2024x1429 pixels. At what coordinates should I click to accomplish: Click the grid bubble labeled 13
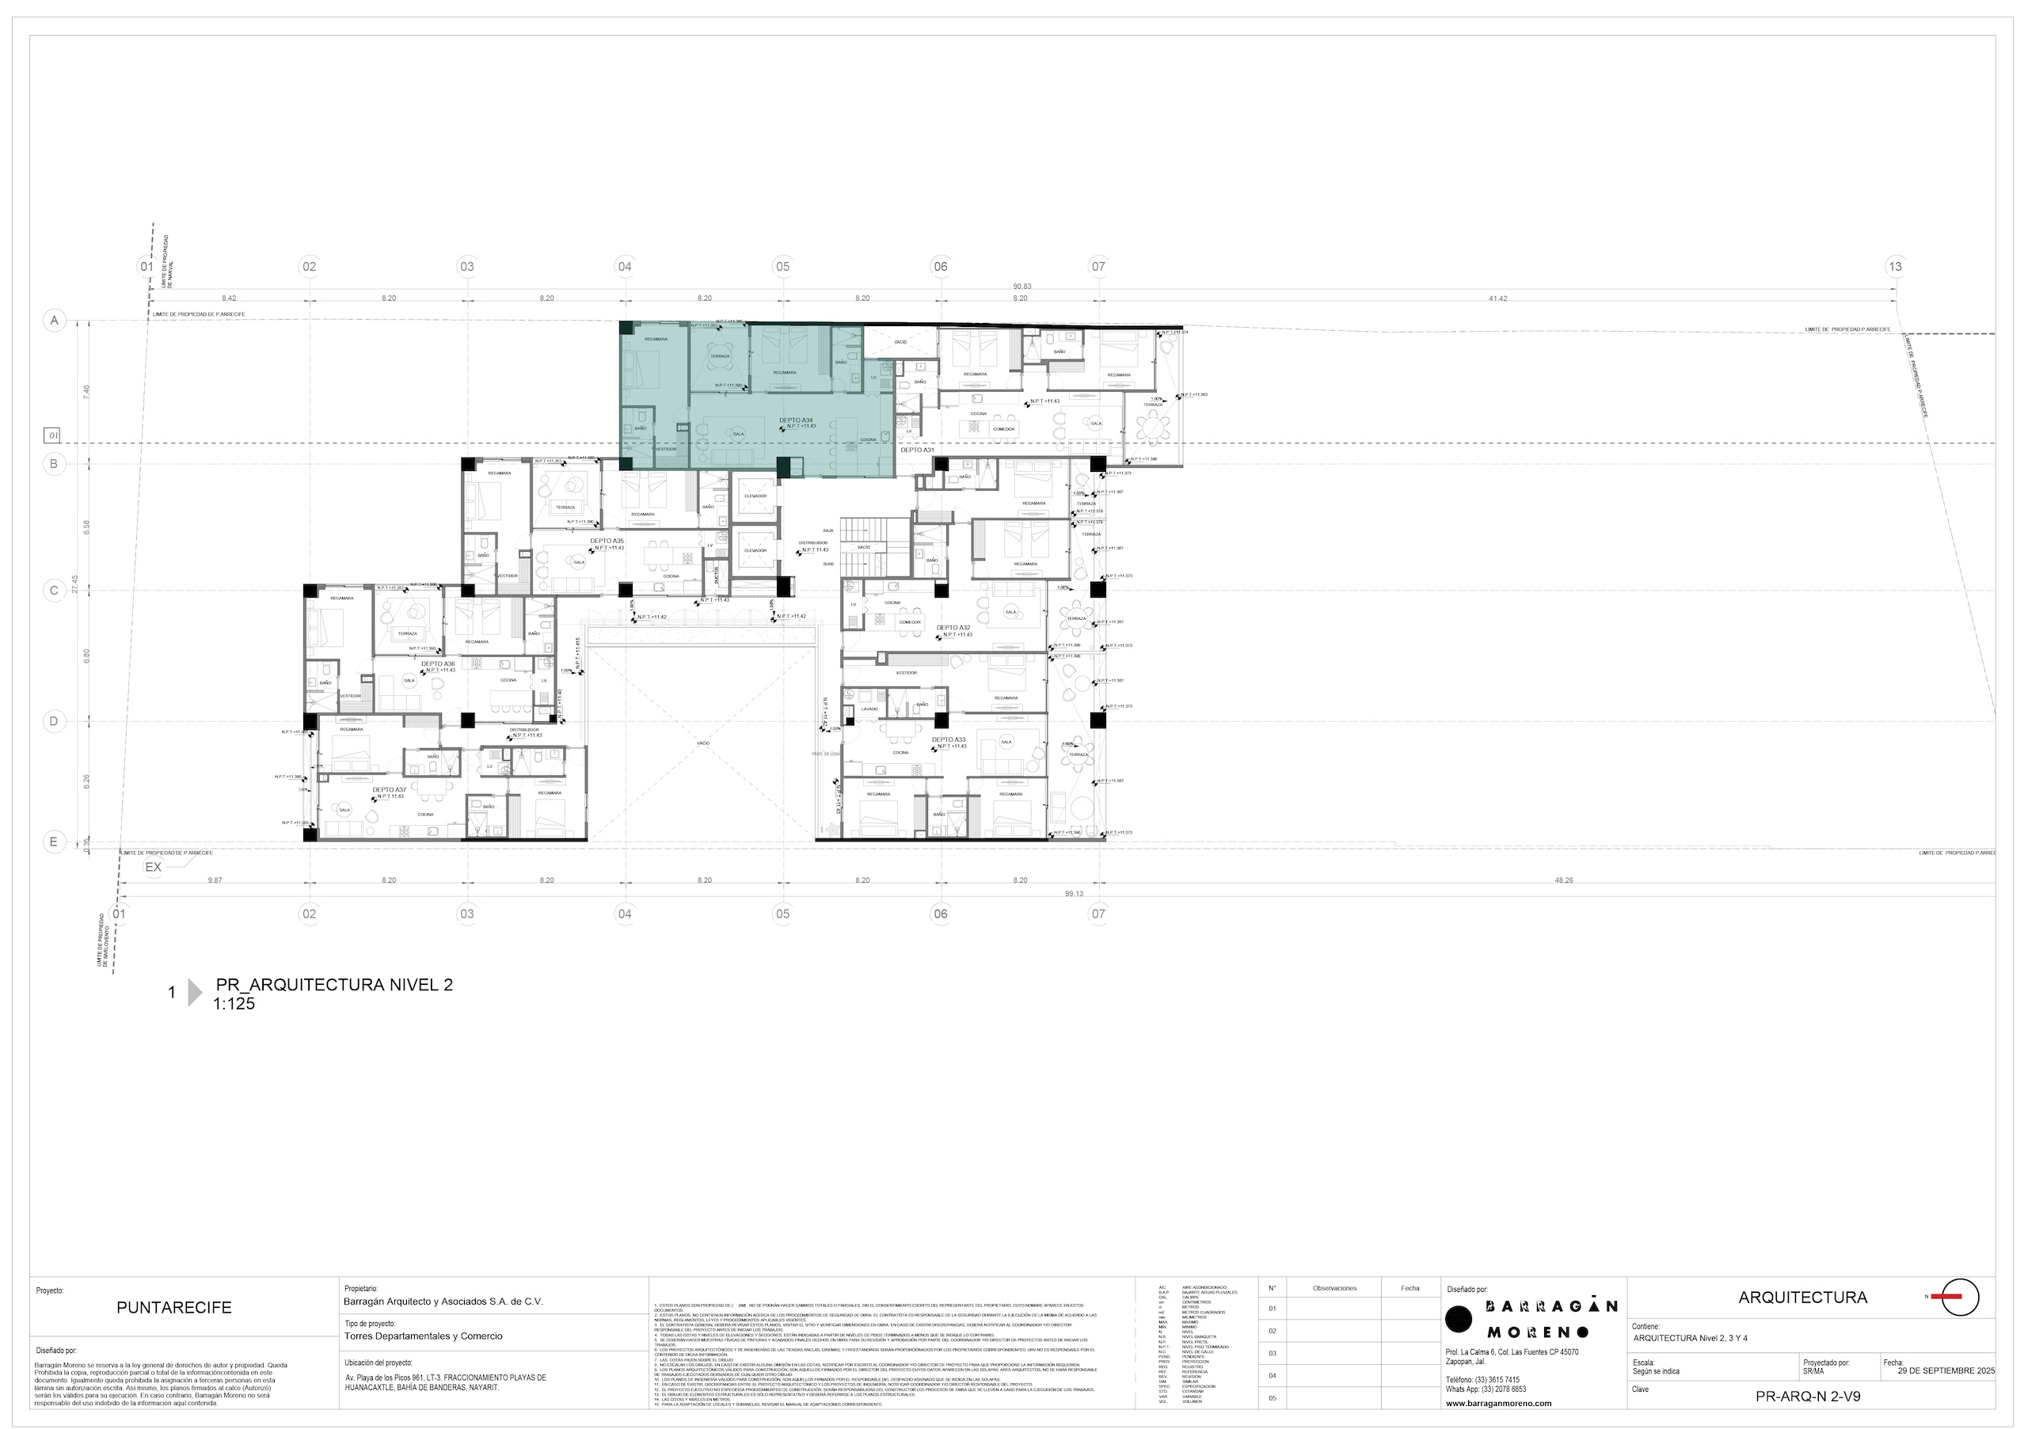(x=1894, y=266)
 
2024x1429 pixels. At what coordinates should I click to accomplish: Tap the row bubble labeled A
(x=55, y=320)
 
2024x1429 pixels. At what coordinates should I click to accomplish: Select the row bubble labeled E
(x=54, y=842)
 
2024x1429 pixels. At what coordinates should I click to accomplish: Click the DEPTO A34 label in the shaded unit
(x=796, y=420)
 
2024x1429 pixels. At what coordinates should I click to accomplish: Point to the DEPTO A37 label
(x=389, y=790)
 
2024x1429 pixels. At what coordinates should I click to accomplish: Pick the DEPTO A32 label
(x=953, y=628)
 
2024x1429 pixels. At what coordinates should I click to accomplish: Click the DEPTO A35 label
(x=607, y=542)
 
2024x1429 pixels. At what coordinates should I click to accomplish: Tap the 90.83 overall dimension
(x=1022, y=287)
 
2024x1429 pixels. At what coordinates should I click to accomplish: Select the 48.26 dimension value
(x=1563, y=880)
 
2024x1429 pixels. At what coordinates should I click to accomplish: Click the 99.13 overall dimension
(x=1073, y=894)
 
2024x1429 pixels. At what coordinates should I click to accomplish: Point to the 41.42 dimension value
(x=1497, y=298)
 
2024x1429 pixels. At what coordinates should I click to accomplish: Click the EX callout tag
(x=154, y=868)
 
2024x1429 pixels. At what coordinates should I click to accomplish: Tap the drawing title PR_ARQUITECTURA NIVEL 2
(x=334, y=986)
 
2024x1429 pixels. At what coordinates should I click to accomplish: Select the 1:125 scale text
(x=234, y=1004)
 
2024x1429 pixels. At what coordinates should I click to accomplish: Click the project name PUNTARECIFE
(x=173, y=1308)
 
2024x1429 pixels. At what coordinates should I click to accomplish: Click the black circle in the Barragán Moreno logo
(x=1459, y=1319)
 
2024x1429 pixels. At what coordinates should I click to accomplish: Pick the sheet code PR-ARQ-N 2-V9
(x=1808, y=1397)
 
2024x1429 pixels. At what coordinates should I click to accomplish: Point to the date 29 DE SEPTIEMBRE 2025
(x=1946, y=1372)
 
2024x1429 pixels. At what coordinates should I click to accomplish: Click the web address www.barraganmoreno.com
(x=1499, y=1404)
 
